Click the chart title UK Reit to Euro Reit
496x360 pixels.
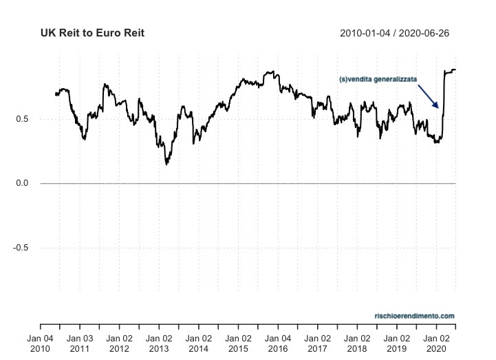pyautogui.click(x=92, y=33)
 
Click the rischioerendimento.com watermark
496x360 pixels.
pyautogui.click(x=414, y=316)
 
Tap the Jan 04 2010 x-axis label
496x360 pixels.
pyautogui.click(x=40, y=343)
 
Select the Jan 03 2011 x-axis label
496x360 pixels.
pyautogui.click(x=80, y=343)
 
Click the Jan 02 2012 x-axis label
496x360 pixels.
pyautogui.click(x=120, y=343)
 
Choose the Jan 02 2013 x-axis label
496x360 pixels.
pyautogui.click(x=159, y=343)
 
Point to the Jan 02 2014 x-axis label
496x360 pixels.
pyautogui.click(x=199, y=343)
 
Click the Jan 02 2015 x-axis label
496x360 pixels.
pyautogui.click(x=238, y=343)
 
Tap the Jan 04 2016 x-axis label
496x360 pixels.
pyautogui.click(x=278, y=343)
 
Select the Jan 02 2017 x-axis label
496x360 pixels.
pyautogui.click(x=318, y=343)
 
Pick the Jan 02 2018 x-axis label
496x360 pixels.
pyautogui.click(x=357, y=343)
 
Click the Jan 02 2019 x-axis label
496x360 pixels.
pyautogui.click(x=397, y=343)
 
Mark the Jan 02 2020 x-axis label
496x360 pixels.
pyautogui.click(x=436, y=343)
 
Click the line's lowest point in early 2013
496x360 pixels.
pyautogui.click(x=166, y=164)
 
